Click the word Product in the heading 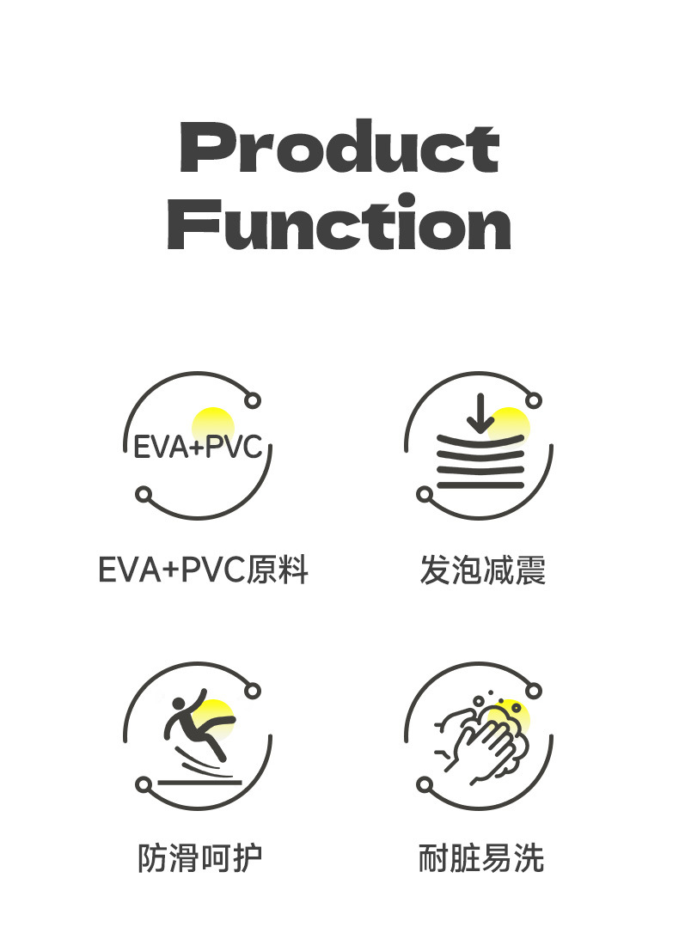tap(339, 148)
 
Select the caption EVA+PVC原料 tap(203, 570)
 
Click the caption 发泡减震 tap(482, 570)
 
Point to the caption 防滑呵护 tap(199, 857)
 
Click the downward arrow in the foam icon tap(480, 414)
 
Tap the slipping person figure tap(194, 726)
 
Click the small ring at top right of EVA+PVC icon tap(253, 400)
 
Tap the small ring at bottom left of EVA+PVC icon tap(144, 495)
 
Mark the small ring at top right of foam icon tap(534, 400)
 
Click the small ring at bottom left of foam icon tap(425, 495)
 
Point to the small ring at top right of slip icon tap(253, 690)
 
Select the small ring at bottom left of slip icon tap(144, 784)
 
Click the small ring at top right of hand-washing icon tap(534, 690)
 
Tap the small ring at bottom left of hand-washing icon tap(425, 784)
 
